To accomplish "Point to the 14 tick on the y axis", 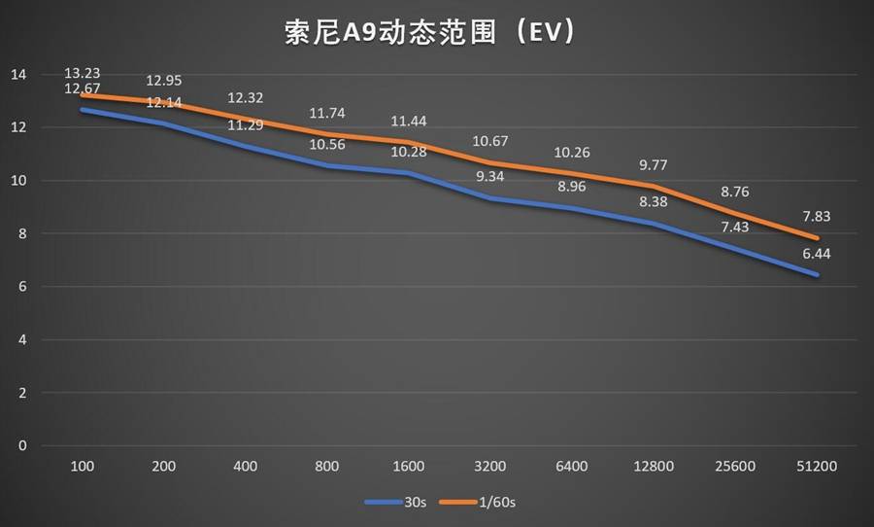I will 19,75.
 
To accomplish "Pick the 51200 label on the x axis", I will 817,467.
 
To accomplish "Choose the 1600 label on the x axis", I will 408,467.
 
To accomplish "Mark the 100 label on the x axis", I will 82,467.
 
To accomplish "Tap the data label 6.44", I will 817,253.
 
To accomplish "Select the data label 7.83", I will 817,217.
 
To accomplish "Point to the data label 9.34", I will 489,176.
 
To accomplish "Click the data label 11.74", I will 326,113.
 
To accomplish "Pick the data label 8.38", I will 653,201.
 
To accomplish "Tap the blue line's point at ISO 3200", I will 489,198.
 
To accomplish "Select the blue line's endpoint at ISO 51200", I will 817,275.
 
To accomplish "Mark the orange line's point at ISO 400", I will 245,119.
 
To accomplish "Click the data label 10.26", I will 571,153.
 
